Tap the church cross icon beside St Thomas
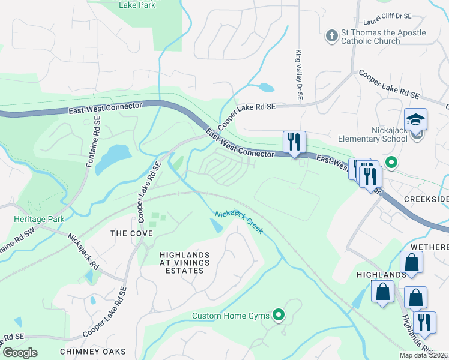331,37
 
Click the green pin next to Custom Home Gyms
278,314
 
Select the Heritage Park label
39,220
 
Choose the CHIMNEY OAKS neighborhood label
93,351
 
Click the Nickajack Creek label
239,221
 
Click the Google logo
20,353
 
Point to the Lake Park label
137,5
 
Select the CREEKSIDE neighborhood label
426,199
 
